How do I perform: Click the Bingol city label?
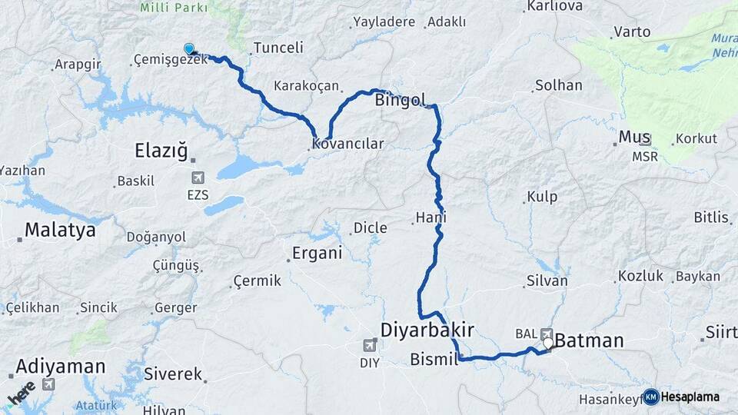pos(401,101)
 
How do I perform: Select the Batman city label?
pos(589,340)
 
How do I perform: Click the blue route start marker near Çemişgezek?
pos(189,49)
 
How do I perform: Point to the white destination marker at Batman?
pos(548,344)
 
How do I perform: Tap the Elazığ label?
pos(161,151)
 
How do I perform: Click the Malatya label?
pos(60,230)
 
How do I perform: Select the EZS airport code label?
pos(198,195)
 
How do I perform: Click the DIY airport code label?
pos(370,363)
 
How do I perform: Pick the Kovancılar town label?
pos(349,144)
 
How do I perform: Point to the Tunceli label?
pos(278,48)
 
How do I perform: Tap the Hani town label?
pos(430,218)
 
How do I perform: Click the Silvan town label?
pos(547,281)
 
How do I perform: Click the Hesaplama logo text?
pos(690,397)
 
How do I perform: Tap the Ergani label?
pos(317,254)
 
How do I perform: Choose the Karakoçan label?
pos(307,85)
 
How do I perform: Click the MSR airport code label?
pos(644,156)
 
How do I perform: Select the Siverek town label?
pos(173,374)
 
